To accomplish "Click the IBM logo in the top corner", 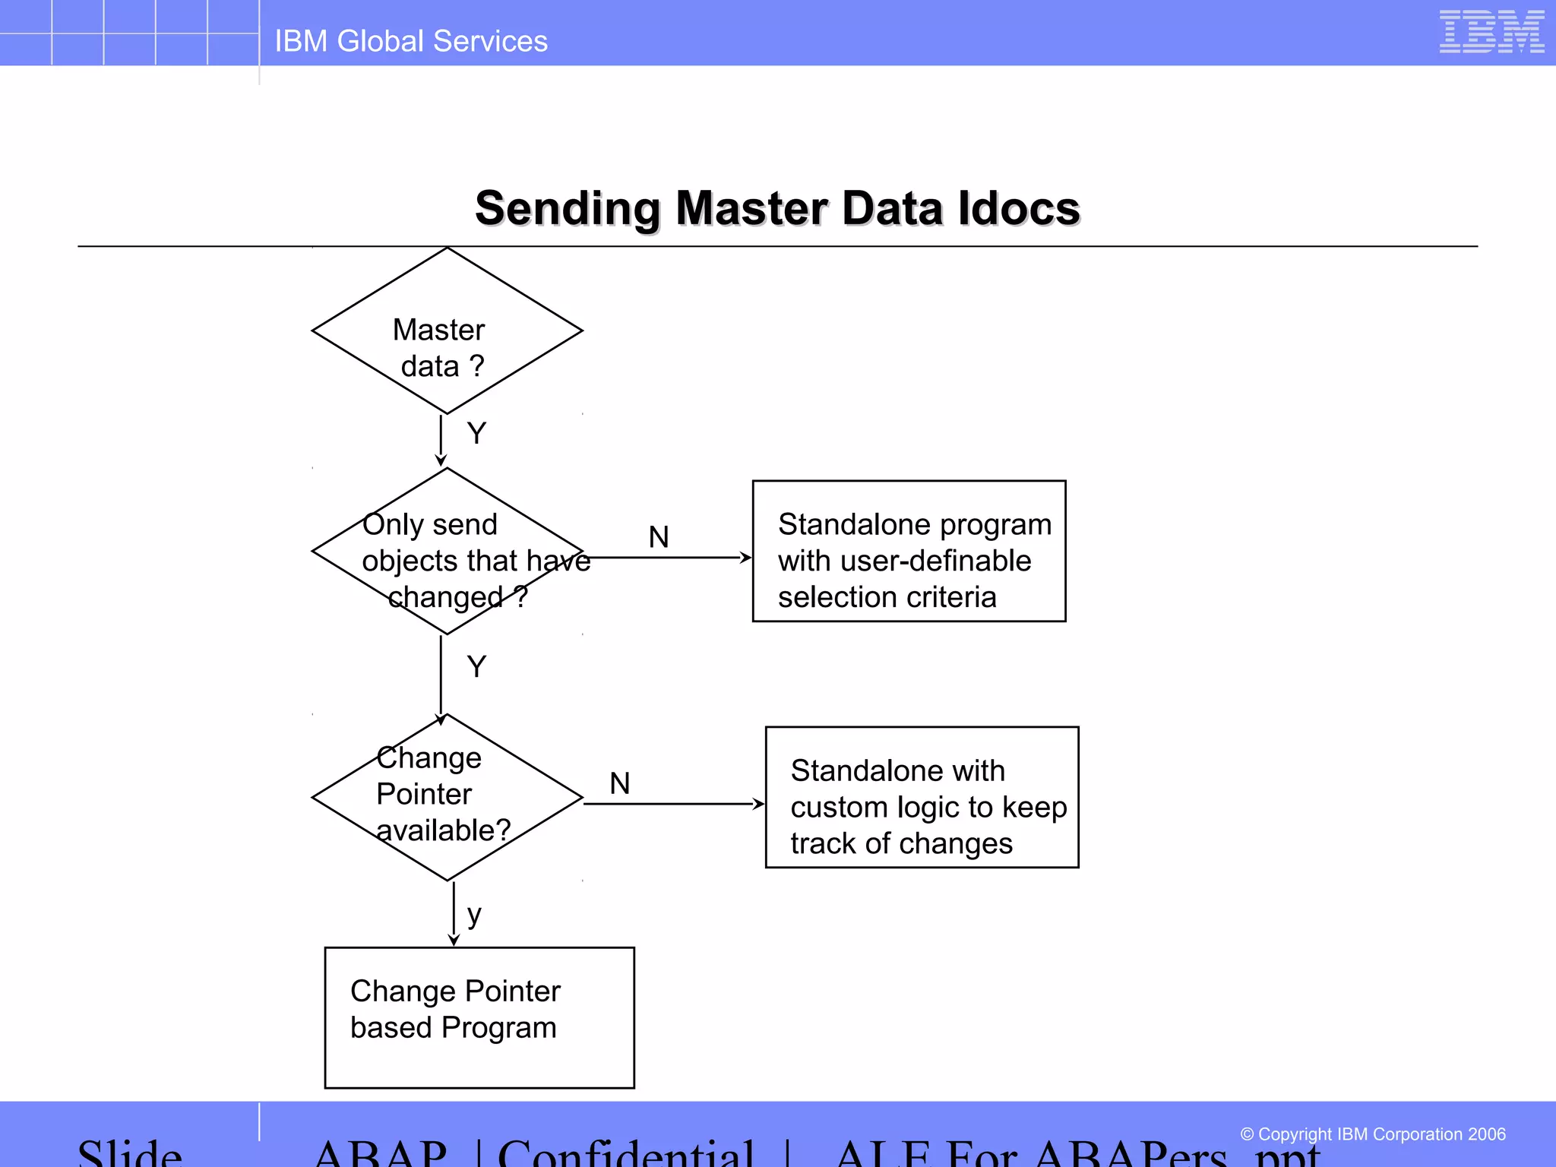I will pos(1491,32).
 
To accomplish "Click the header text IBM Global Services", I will pos(411,41).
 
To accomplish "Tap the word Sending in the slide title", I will pos(568,208).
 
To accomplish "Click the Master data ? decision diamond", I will pos(447,331).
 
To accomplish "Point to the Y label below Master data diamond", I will pos(476,434).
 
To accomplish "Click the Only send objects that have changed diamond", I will pos(447,552).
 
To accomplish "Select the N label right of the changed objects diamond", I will pos(659,537).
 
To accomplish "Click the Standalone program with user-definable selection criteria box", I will pos(909,552).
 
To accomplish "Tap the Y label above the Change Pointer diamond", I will pos(476,667).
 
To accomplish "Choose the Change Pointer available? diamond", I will pos(447,798).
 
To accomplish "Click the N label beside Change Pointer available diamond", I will pos(620,783).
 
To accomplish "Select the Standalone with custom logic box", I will pos(922,798).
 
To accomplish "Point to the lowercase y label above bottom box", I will pos(474,916).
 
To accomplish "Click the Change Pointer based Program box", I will pos(479,1018).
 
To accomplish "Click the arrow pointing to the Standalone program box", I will pos(669,558).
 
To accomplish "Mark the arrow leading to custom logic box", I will pos(675,804).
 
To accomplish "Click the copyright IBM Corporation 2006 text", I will pos(1372,1134).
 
